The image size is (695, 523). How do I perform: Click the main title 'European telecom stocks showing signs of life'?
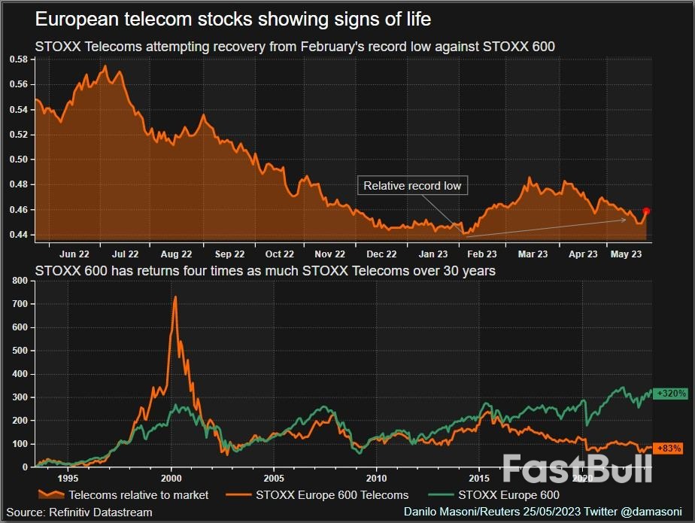click(233, 18)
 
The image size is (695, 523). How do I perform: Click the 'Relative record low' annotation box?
click(412, 186)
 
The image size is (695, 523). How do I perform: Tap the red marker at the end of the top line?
click(646, 211)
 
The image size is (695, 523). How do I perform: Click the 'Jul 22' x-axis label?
click(125, 254)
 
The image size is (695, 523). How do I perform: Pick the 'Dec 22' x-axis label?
click(381, 254)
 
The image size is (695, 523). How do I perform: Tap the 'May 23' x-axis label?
click(626, 254)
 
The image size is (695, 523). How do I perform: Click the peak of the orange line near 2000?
click(175, 297)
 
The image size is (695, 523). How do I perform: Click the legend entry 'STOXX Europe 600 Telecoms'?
click(332, 495)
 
